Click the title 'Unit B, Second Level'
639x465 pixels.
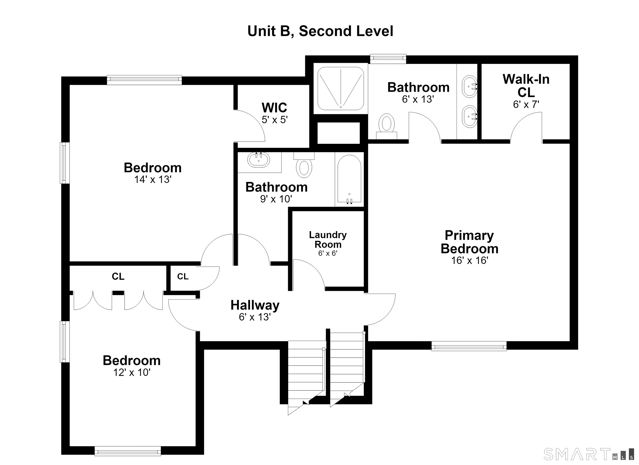[x=320, y=31]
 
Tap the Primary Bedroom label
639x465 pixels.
[x=469, y=242]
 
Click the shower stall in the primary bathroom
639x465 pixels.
[x=341, y=88]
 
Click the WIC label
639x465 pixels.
[x=274, y=107]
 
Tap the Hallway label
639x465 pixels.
[x=255, y=305]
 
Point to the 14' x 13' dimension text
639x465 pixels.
[x=153, y=180]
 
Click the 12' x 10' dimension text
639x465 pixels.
[x=132, y=373]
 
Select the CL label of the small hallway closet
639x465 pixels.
[x=183, y=277]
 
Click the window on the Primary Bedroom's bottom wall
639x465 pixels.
[x=469, y=346]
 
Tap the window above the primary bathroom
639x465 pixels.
[x=388, y=59]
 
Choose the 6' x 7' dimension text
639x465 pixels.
[x=526, y=105]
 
